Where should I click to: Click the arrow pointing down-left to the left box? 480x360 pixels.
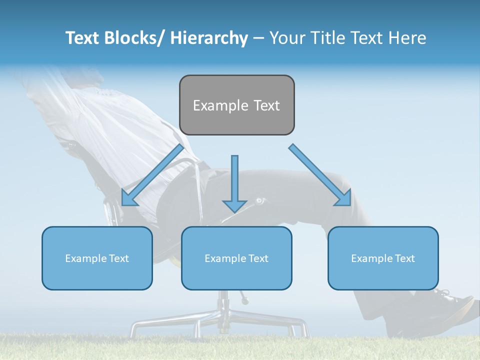152,175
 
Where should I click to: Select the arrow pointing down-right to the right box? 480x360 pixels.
320,175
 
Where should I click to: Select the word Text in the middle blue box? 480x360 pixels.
257,258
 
